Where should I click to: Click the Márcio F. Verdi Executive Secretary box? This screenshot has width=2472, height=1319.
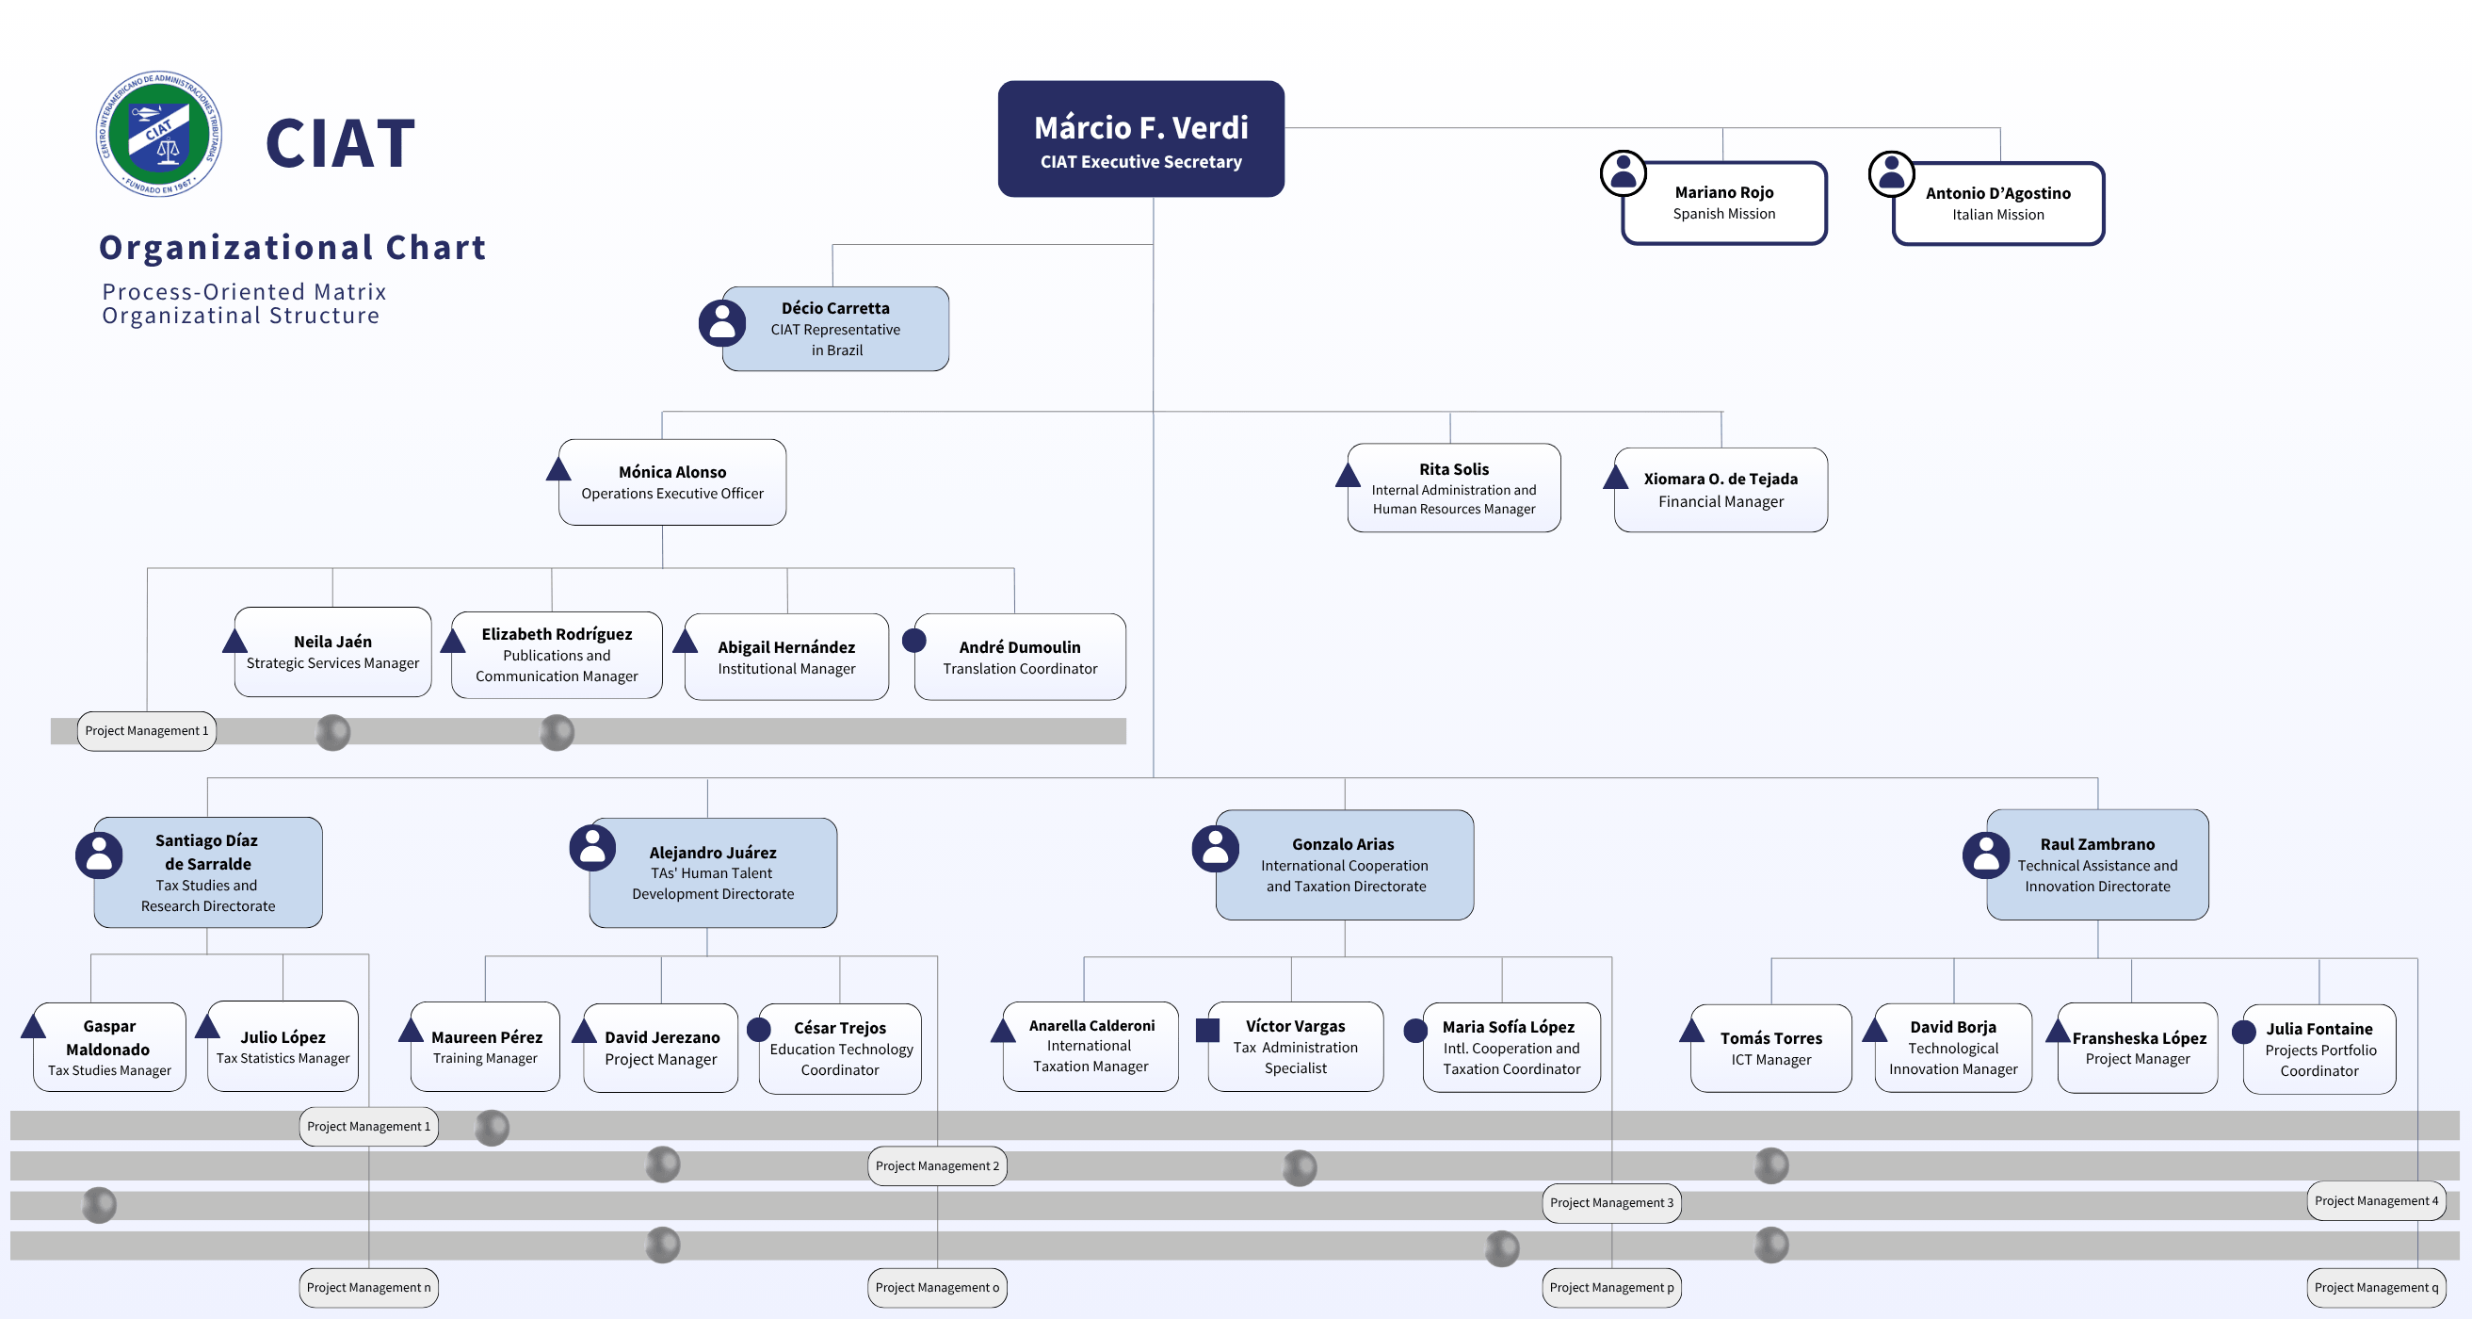click(x=1141, y=139)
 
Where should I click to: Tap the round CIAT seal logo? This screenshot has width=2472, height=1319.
click(x=159, y=134)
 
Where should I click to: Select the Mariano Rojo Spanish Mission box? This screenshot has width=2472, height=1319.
click(x=1724, y=203)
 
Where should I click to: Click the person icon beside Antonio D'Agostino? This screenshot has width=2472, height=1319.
click(x=1891, y=173)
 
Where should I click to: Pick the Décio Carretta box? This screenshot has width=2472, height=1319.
click(x=836, y=328)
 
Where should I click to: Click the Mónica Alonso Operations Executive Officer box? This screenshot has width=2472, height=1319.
click(x=672, y=481)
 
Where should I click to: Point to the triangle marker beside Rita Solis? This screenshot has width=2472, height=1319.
click(x=1348, y=474)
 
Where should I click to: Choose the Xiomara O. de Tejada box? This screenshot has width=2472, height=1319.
click(x=1721, y=490)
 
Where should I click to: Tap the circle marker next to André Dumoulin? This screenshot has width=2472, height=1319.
click(x=914, y=641)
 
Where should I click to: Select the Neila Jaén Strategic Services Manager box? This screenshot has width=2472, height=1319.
click(x=333, y=652)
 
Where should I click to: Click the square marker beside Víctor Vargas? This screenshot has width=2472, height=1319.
click(x=1207, y=1030)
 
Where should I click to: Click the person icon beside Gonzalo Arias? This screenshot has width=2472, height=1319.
click(x=1215, y=849)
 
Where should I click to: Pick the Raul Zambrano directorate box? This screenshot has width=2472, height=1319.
click(x=2098, y=864)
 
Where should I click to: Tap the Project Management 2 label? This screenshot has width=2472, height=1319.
click(x=938, y=1165)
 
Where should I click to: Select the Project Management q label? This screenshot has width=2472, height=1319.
click(x=2376, y=1287)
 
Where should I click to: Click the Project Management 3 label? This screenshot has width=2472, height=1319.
click(x=1611, y=1203)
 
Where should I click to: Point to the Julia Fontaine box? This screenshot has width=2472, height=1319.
click(x=2319, y=1050)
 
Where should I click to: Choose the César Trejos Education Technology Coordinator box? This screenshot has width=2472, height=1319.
click(x=841, y=1049)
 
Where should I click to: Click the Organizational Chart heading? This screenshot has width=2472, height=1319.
click(x=293, y=248)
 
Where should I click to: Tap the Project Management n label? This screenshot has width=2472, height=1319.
click(x=368, y=1287)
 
